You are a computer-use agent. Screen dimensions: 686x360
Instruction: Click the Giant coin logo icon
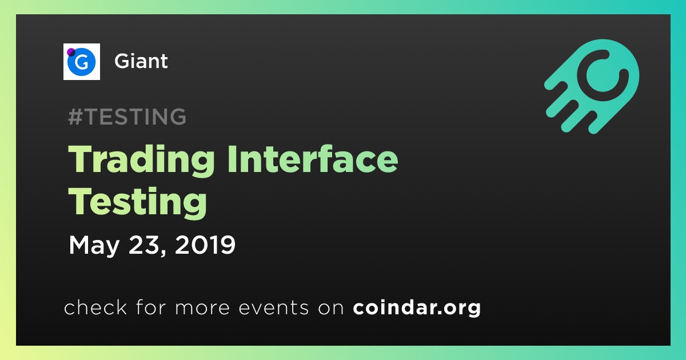tap(81, 62)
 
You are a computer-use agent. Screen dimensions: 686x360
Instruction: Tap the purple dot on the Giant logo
tap(71, 52)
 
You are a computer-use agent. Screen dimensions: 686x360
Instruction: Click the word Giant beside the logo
tap(141, 61)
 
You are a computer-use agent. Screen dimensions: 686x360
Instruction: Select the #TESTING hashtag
tap(127, 117)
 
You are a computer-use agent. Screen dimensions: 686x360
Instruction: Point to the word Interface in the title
tap(312, 159)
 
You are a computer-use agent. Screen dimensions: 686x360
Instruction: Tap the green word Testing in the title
tap(138, 202)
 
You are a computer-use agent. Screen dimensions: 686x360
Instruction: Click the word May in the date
tap(94, 246)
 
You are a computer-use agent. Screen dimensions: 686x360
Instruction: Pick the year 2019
tap(205, 245)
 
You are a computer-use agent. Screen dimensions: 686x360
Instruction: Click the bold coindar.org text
tap(417, 308)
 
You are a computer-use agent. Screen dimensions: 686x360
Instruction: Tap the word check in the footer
tap(95, 307)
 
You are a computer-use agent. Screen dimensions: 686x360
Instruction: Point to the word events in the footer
tap(273, 308)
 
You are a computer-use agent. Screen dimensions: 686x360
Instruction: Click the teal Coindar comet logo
tap(592, 86)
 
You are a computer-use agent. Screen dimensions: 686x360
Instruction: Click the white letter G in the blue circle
tap(81, 62)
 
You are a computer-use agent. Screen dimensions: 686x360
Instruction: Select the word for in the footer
tap(151, 307)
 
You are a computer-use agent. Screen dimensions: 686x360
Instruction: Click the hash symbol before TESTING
tap(75, 117)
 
